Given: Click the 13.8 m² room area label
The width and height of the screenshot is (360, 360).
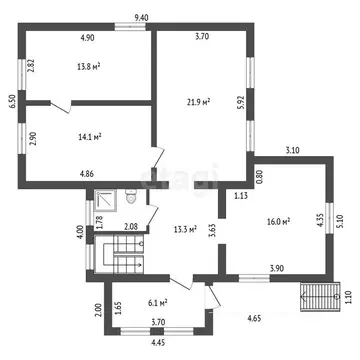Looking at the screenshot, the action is coord(89,67).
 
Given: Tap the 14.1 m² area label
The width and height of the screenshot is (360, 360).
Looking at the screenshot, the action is coord(89,136).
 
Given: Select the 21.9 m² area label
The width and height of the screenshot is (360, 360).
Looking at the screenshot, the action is coord(198,102).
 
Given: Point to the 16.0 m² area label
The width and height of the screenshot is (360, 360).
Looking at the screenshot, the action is coord(277,221).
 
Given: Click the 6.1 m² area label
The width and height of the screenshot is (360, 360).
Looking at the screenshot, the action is coord(157,303).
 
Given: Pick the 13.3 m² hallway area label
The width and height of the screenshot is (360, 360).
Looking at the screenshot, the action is coord(185,229).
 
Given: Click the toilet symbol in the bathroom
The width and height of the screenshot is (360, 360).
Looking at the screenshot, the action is coord(131,196).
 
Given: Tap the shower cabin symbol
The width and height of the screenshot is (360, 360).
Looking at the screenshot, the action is coord(105,201).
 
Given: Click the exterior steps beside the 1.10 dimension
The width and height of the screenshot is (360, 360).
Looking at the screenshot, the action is coord(320,297).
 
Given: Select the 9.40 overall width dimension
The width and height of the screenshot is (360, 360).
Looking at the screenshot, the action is coord(141,18).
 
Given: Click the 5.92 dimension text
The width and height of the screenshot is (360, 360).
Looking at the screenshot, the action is coord(242,103).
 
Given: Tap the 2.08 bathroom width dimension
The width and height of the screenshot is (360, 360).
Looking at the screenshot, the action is coord(131,227).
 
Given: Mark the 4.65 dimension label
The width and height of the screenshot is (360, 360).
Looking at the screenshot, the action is coord(254,318).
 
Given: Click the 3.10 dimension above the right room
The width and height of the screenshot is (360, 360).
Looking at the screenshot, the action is coord(293,150).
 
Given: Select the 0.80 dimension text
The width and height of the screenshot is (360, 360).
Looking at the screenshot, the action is coord(261,178).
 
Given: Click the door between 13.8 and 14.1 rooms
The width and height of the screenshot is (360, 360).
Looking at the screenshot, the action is coord(61,107).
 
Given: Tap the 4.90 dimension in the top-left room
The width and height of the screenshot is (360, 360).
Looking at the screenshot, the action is coord(87,38).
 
